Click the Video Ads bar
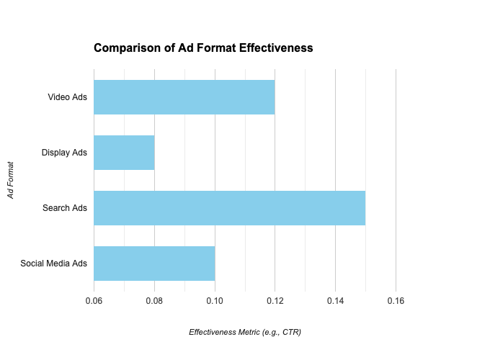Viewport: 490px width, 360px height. pyautogui.click(x=184, y=97)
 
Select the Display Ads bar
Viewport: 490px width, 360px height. pyautogui.click(x=124, y=153)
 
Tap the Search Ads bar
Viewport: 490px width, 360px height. pyautogui.click(x=229, y=208)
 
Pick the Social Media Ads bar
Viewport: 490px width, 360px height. pyautogui.click(x=154, y=264)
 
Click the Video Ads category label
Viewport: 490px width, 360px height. pyautogui.click(x=68, y=97)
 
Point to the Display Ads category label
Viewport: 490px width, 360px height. pyautogui.click(x=64, y=153)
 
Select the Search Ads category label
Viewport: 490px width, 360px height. pyautogui.click(x=65, y=208)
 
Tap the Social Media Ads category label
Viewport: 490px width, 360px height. pyautogui.click(x=54, y=264)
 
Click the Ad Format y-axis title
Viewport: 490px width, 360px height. pyautogui.click(x=11, y=180)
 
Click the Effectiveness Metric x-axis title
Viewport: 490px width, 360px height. pyautogui.click(x=244, y=332)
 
